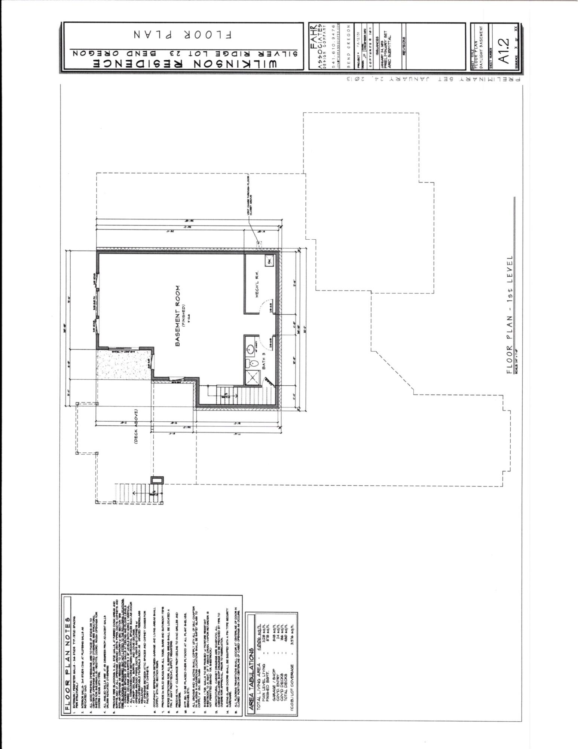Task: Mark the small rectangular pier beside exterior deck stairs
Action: point(157,480)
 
